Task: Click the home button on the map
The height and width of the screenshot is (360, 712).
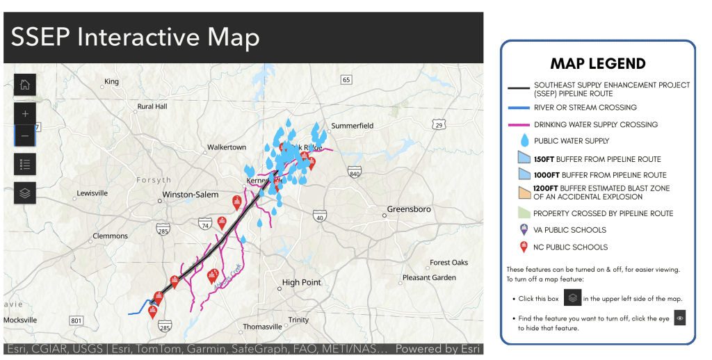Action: pyautogui.click(x=25, y=85)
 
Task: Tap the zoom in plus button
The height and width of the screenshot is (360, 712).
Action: pyautogui.click(x=25, y=113)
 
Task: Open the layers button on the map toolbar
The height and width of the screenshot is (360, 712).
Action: pyautogui.click(x=25, y=193)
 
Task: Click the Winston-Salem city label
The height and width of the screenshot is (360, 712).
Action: pyautogui.click(x=190, y=195)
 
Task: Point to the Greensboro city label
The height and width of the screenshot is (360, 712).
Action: pyautogui.click(x=409, y=209)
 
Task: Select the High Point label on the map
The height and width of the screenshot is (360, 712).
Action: pyautogui.click(x=301, y=282)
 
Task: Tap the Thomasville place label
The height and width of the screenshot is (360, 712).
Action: pyautogui.click(x=262, y=326)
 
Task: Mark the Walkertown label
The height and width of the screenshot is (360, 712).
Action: pyautogui.click(x=226, y=147)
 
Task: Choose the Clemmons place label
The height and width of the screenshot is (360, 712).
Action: pyautogui.click(x=111, y=236)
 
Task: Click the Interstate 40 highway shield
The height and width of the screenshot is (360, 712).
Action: pyautogui.click(x=320, y=218)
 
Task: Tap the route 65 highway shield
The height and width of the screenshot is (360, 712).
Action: pyautogui.click(x=346, y=81)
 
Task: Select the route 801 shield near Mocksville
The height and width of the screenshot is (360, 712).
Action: pyautogui.click(x=76, y=320)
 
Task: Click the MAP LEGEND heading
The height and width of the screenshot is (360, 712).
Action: pyautogui.click(x=597, y=64)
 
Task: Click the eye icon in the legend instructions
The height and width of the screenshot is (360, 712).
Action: pyautogui.click(x=680, y=318)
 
